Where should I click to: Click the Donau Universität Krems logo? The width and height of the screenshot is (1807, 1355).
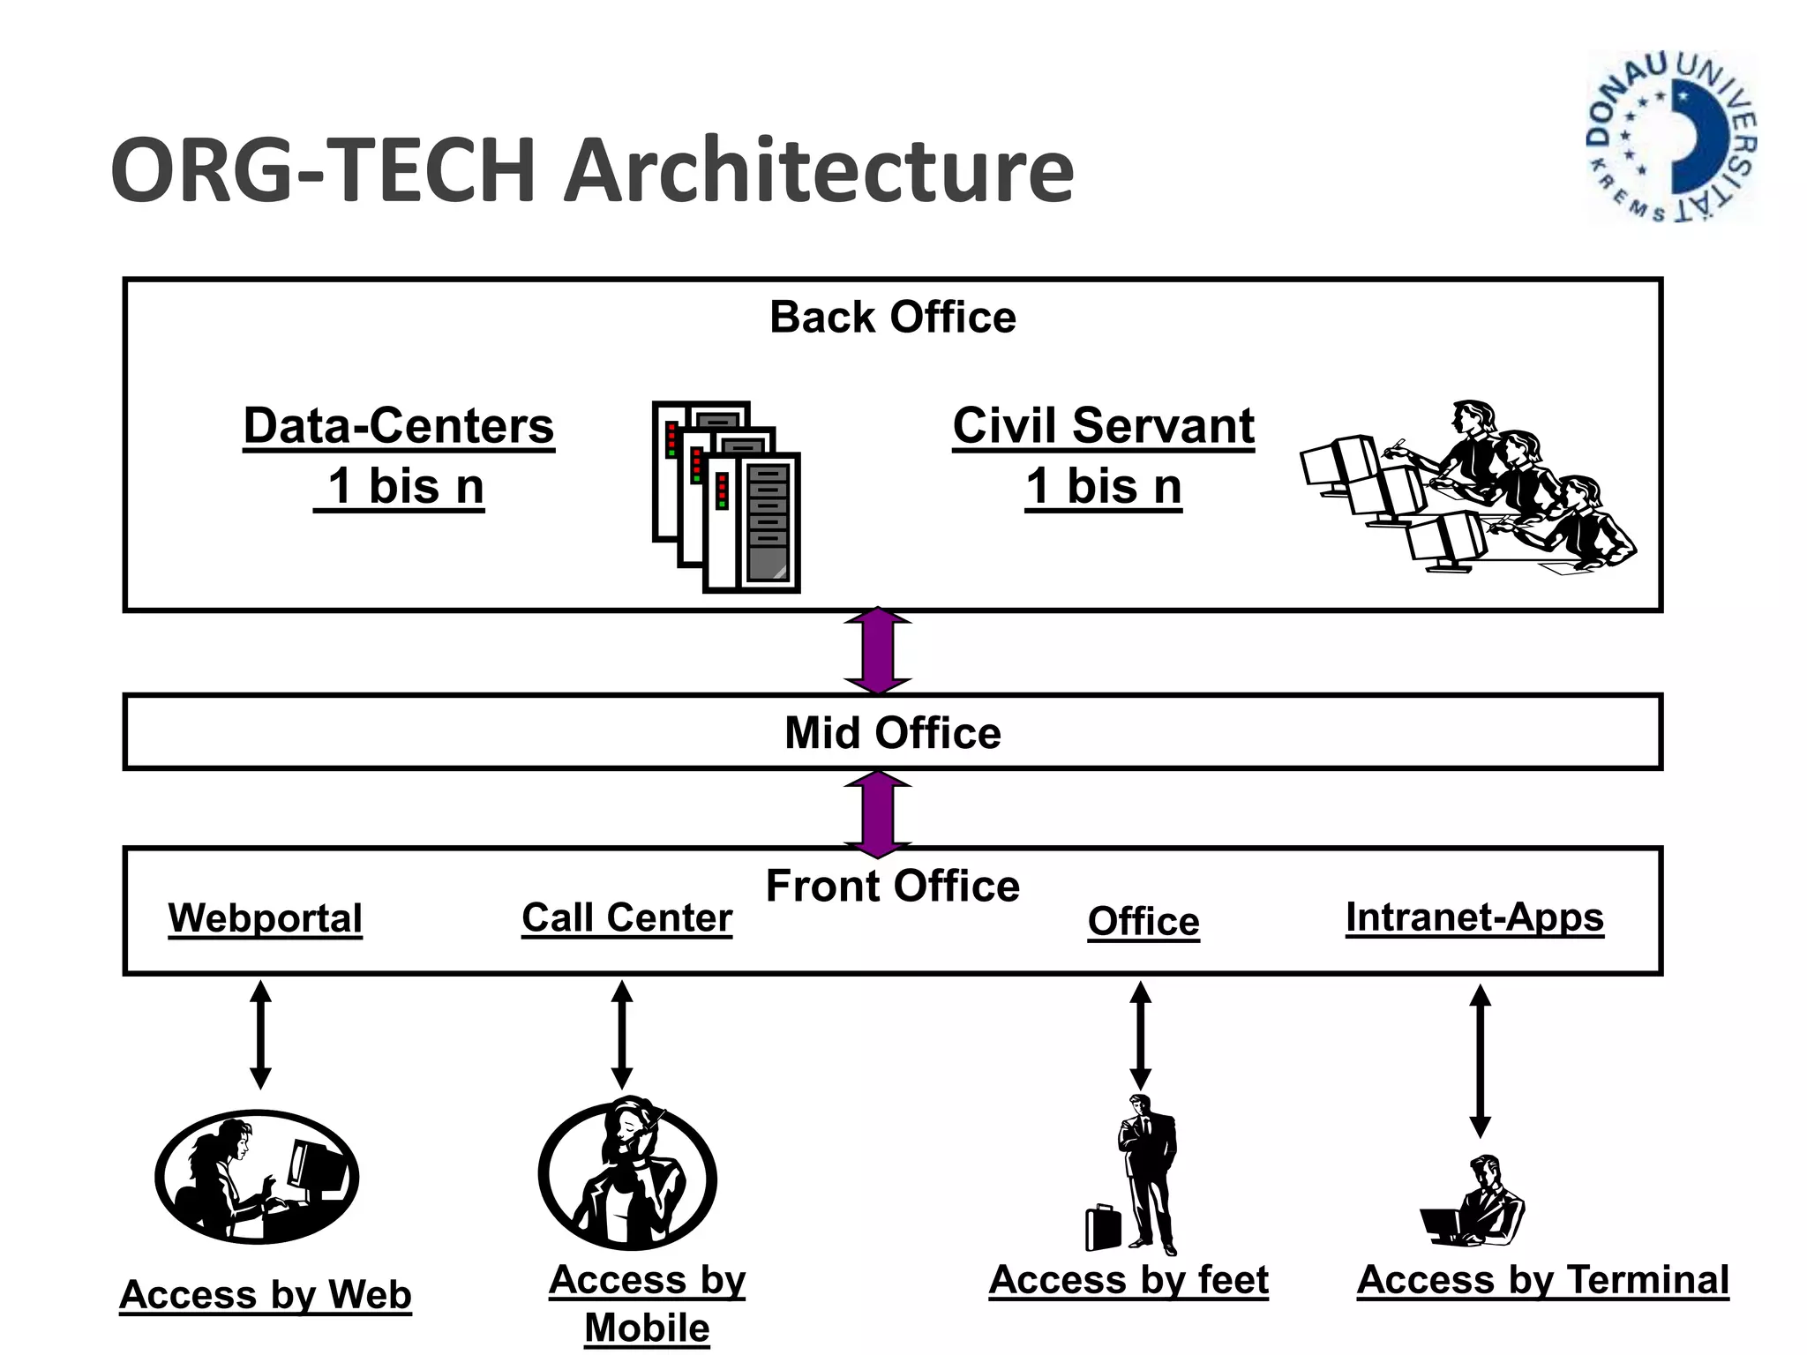[x=1671, y=137]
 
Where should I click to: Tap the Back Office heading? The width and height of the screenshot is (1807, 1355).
[x=892, y=317]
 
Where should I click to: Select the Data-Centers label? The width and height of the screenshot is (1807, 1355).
[x=399, y=426]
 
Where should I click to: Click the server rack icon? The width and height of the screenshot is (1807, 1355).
[x=726, y=497]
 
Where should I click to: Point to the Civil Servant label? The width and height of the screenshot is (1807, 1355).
[x=1103, y=426]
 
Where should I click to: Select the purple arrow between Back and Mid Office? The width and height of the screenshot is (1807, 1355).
[x=877, y=651]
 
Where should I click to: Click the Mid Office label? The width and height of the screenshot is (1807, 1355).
[x=892, y=733]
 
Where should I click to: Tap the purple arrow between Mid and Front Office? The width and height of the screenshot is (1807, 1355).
[x=877, y=813]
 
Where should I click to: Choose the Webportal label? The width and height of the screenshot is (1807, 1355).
[x=266, y=918]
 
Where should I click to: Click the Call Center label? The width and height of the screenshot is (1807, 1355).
[x=626, y=917]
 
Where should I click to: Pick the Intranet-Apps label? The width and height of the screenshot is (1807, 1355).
[x=1474, y=917]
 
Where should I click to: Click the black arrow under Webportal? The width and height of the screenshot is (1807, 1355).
[x=260, y=1034]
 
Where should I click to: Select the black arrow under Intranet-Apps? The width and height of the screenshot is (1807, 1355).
[x=1480, y=1060]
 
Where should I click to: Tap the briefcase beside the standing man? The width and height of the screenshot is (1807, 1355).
[x=1102, y=1228]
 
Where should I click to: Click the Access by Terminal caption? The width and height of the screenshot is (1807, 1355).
[x=1542, y=1280]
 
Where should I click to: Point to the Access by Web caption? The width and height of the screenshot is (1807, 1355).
[x=266, y=1295]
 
